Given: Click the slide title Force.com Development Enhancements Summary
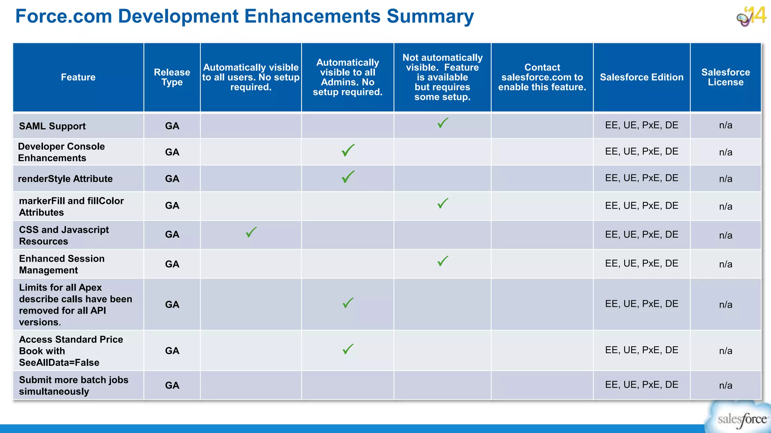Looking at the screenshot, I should coord(244,17).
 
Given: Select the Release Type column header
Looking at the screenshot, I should coord(172,77).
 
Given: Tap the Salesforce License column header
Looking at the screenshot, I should coord(725,77).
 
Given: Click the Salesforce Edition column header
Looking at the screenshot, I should coord(641,77).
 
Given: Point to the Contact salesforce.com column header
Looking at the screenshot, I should coord(542,77).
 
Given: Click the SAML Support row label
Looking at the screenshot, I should coord(52,126).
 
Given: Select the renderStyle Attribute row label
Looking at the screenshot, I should coord(65,179).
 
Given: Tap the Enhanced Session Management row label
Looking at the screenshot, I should coord(62,264).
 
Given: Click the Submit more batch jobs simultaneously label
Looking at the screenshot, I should coord(73,386).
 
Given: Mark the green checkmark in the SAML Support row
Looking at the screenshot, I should coord(443,123).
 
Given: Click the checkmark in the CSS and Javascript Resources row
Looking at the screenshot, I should coord(251,232).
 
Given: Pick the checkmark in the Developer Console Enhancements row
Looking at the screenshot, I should coord(348,150).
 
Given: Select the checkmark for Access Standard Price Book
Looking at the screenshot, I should coord(348,349).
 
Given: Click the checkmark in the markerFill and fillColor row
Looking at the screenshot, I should coord(443,203).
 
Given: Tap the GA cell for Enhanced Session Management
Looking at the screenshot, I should coord(172,264).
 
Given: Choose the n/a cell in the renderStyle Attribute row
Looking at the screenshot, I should coord(725,179).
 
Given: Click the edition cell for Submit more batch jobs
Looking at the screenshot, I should coord(641,385).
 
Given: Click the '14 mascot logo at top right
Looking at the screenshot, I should coord(751,17).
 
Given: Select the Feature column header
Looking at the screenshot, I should coord(78,77).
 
